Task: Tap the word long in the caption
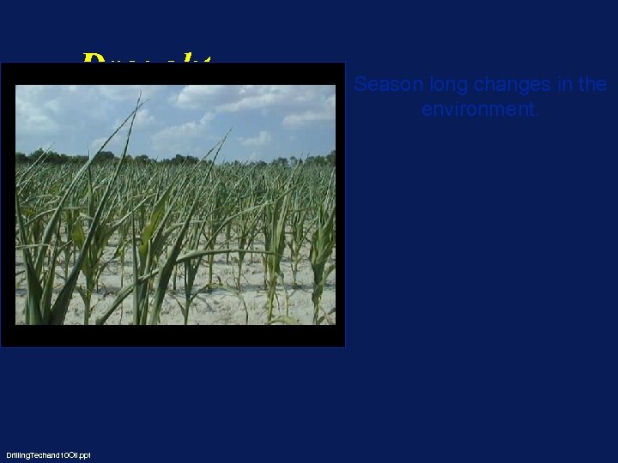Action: pyautogui.click(x=439, y=85)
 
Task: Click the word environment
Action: pyautogui.click(x=478, y=110)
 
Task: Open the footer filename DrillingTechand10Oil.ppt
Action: pyautogui.click(x=48, y=454)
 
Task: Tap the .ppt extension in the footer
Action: pyautogui.click(x=84, y=454)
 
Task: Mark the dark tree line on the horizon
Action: pyautogui.click(x=172, y=159)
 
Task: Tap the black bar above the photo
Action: pyautogui.click(x=172, y=74)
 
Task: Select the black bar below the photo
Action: pyautogui.click(x=172, y=335)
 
